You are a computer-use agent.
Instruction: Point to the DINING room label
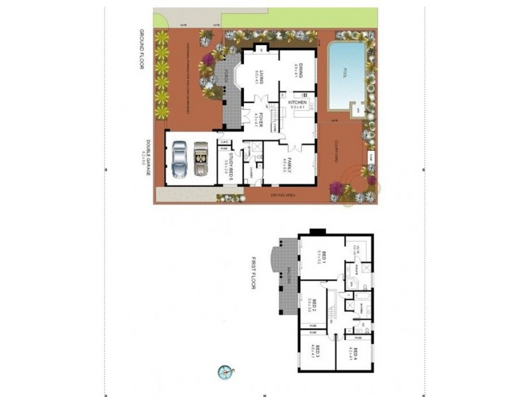tap(299, 70)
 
